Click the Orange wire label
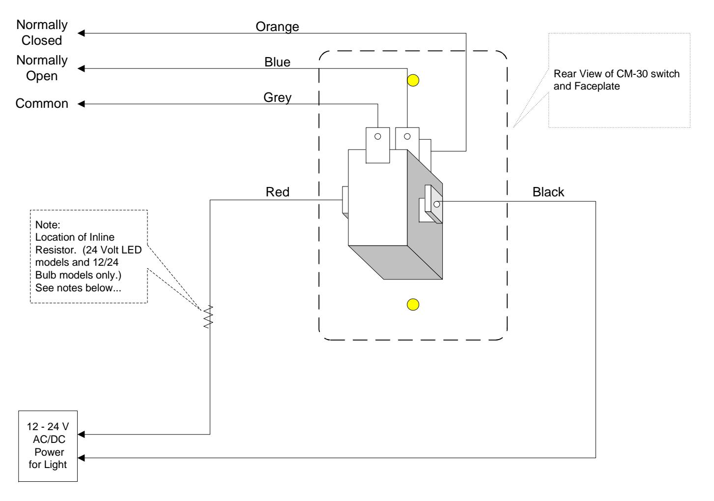coord(277,27)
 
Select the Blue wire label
coord(277,62)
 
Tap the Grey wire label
coord(277,97)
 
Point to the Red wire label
coord(277,192)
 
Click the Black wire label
coord(548,192)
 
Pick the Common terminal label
coord(42,103)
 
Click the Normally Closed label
coord(42,32)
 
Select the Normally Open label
coord(42,68)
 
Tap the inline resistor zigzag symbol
coord(208,316)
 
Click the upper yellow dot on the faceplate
coord(413,81)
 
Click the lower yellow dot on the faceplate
coord(413,305)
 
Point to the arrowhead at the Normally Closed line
coord(81,33)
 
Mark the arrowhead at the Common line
coord(81,104)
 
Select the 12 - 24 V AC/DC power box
coord(48,446)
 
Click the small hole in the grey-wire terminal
coord(378,137)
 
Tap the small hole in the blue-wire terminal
coord(407,137)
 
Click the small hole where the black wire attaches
coord(437,204)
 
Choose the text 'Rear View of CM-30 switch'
coord(617,74)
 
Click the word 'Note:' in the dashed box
coord(48,225)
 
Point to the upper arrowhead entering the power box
coord(81,434)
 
